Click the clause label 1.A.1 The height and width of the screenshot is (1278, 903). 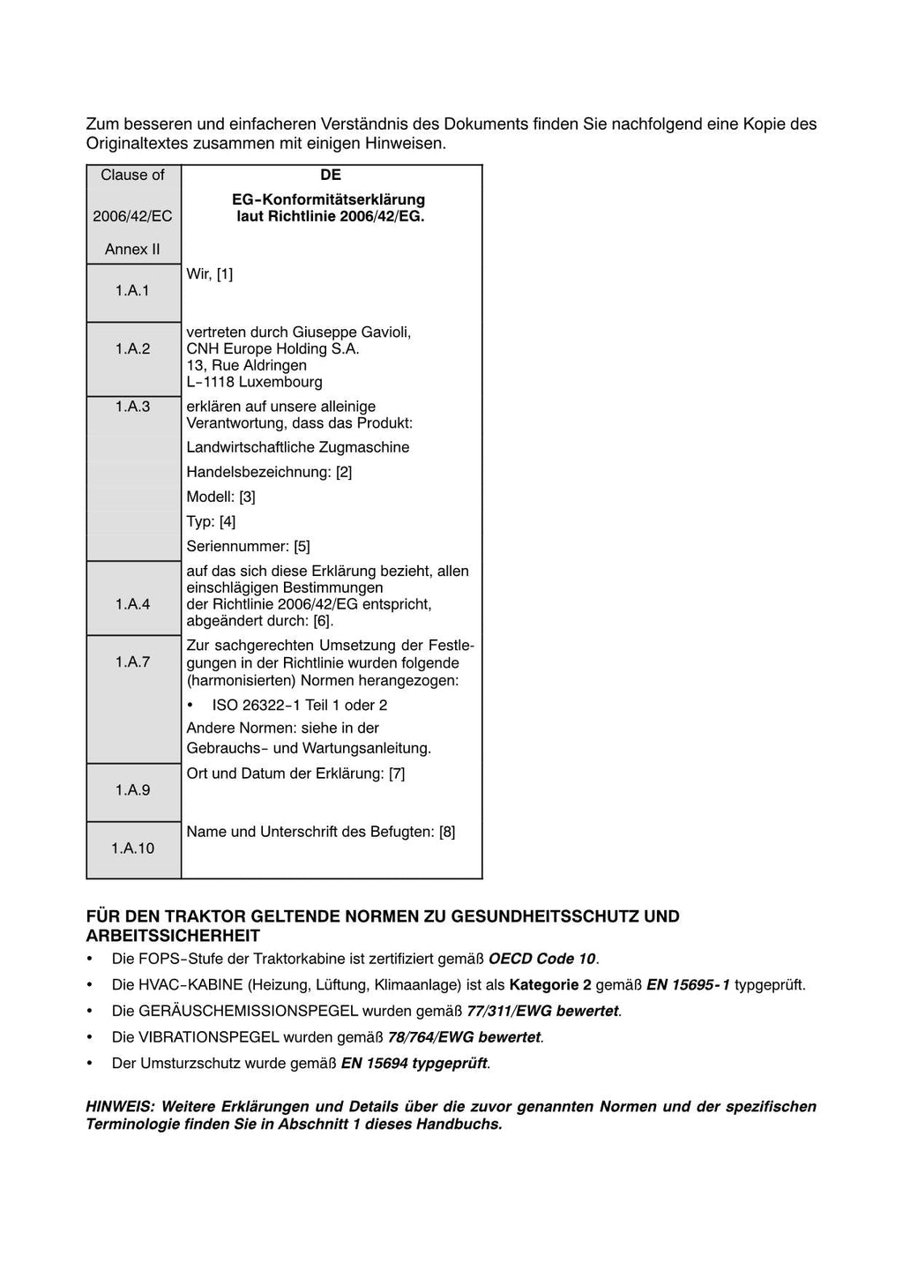132,290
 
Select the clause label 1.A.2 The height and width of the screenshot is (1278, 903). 132,348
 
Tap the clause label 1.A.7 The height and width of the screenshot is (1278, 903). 132,661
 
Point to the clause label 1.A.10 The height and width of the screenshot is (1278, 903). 132,848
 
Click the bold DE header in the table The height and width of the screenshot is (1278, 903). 331,175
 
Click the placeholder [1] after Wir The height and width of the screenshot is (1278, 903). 225,273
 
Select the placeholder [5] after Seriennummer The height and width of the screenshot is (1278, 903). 302,546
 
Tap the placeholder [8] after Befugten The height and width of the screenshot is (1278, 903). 447,831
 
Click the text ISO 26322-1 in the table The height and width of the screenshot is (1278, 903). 257,705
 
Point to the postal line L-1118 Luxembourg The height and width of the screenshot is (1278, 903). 254,382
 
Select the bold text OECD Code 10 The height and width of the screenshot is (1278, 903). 541,959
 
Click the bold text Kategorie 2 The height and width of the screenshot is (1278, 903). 549,984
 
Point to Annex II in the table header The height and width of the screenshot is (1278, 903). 132,249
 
